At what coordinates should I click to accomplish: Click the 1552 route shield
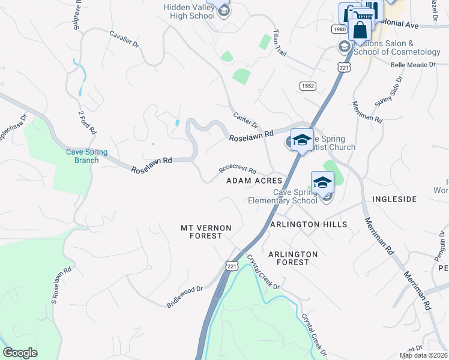point(309,86)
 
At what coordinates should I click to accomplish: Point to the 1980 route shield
point(339,29)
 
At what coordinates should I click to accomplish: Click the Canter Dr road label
point(245,118)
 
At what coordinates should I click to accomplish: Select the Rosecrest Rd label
point(238,170)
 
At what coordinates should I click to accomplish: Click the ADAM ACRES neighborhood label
point(254,181)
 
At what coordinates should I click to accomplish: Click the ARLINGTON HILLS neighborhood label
point(309,224)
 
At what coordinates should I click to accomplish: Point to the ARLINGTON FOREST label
point(293,258)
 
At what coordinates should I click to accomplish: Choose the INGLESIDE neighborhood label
point(394,199)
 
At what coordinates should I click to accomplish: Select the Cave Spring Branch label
point(87,156)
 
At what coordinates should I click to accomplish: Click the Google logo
point(20,353)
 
